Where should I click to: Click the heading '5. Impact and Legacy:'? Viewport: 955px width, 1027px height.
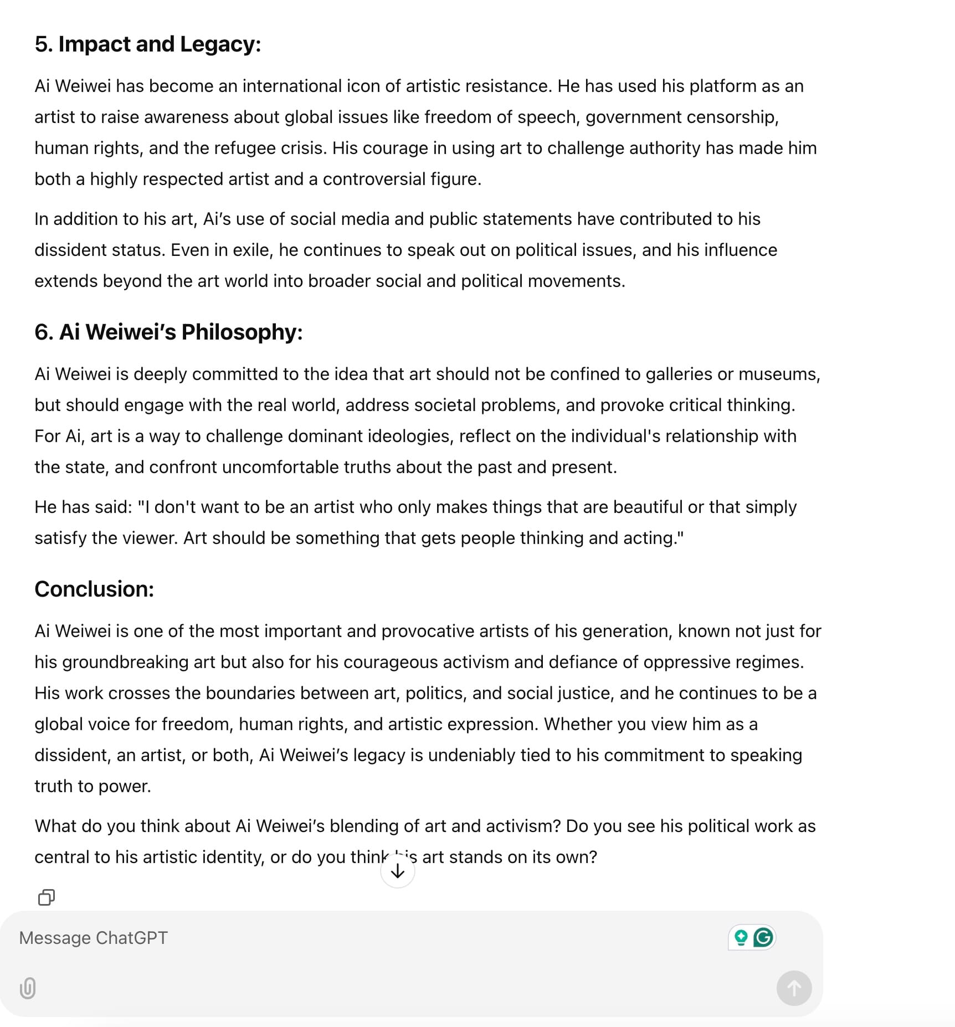tap(147, 44)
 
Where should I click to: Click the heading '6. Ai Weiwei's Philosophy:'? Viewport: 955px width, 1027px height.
tap(168, 332)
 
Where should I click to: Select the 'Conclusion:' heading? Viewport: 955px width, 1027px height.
tap(94, 589)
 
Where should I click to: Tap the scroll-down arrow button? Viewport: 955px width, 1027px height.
tap(398, 871)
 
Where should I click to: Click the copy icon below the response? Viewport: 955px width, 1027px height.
tap(47, 897)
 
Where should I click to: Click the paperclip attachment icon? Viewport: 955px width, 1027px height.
tap(28, 988)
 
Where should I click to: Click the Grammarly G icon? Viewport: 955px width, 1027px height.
tap(764, 938)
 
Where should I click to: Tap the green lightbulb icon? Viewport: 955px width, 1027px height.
tap(741, 938)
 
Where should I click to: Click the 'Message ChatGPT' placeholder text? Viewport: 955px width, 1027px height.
tap(93, 938)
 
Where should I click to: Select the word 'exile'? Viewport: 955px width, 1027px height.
tap(252, 250)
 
